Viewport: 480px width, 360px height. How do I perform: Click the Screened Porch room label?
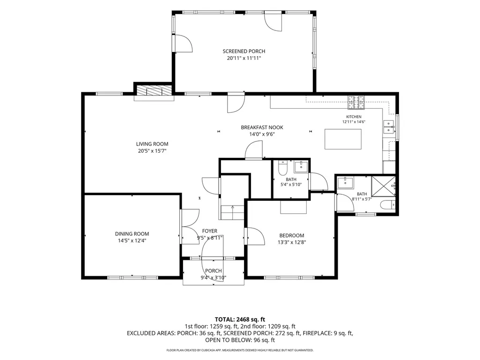pos(244,51)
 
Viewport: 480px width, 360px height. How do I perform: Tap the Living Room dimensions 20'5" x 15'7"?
pos(152,151)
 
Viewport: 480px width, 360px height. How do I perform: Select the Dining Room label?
pos(132,234)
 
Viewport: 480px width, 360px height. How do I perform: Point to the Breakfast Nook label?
pos(262,127)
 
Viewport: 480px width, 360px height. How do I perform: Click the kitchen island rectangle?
pos(343,139)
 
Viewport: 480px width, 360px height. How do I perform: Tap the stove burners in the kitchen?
pos(356,103)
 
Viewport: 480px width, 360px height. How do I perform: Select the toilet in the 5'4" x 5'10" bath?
pos(282,168)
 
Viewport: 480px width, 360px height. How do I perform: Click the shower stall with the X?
pos(384,186)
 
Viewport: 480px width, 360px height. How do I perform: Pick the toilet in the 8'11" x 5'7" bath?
pos(388,205)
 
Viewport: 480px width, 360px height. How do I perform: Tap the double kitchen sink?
pos(389,127)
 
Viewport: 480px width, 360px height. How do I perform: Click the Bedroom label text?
pos(292,235)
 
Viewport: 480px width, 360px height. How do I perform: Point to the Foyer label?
pos(210,231)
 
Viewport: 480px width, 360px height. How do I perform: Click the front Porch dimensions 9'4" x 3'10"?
pos(214,278)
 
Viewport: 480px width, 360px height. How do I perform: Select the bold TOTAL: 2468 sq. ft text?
pos(240,320)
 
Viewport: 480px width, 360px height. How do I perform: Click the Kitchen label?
pos(354,117)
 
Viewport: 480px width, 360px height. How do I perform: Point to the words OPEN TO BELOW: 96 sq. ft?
pos(240,340)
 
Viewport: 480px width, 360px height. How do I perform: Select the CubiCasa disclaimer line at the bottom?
pos(240,350)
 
